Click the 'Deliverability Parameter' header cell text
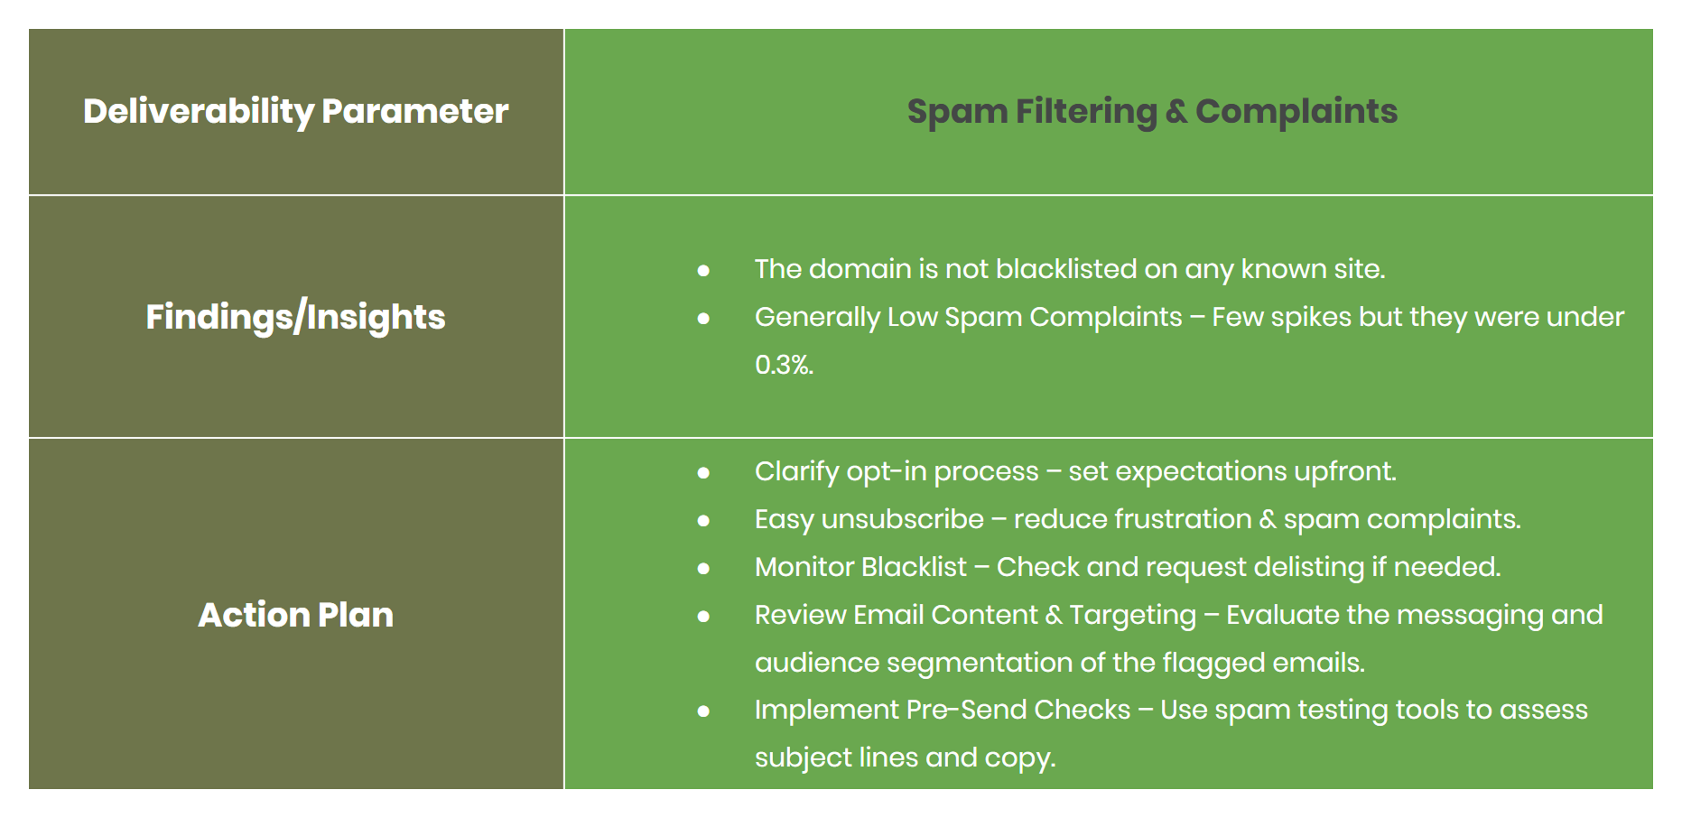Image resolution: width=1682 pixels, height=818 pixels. click(x=295, y=111)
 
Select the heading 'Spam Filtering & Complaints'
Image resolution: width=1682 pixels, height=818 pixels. click(x=1152, y=111)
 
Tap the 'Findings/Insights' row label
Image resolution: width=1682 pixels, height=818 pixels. click(x=295, y=317)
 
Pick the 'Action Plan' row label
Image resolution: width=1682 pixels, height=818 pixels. click(x=295, y=615)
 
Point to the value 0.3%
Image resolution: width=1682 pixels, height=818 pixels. click(x=784, y=365)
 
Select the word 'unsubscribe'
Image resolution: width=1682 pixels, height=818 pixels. click(x=902, y=519)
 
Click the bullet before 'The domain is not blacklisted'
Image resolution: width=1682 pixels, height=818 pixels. click(x=703, y=270)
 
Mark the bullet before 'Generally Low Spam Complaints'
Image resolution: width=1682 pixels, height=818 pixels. click(x=703, y=318)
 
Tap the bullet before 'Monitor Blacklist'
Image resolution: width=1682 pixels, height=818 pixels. click(x=703, y=568)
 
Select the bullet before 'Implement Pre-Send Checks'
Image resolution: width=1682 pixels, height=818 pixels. click(x=703, y=711)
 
